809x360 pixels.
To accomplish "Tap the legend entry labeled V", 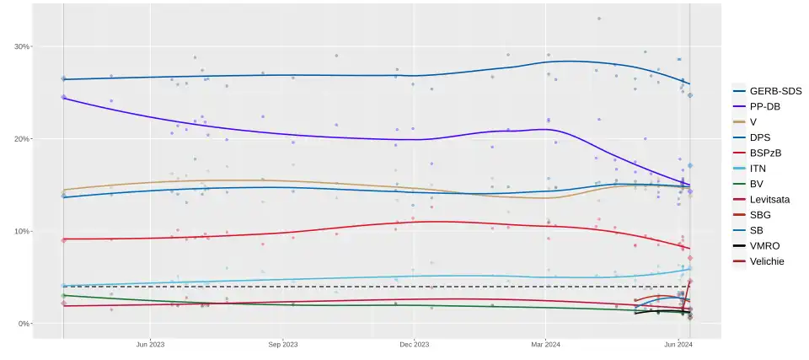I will (x=753, y=121).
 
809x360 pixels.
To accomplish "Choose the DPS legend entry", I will (x=760, y=137).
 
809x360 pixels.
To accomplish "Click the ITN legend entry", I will (x=758, y=168).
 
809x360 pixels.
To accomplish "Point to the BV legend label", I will (x=757, y=184).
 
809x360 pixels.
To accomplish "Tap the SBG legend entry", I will (x=760, y=215).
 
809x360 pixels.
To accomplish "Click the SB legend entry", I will (x=757, y=230).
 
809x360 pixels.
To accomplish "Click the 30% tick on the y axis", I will (x=20, y=46).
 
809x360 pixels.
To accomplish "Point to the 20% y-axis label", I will (x=20, y=138).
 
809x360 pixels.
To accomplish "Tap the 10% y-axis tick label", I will (x=20, y=231).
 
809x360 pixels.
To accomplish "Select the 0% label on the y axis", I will (x=23, y=324).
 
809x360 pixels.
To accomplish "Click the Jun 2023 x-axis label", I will (x=150, y=344).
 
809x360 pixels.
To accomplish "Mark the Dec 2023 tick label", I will (x=415, y=344).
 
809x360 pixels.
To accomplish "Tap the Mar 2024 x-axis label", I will (x=546, y=344).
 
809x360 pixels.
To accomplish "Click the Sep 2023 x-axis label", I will (x=283, y=344).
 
